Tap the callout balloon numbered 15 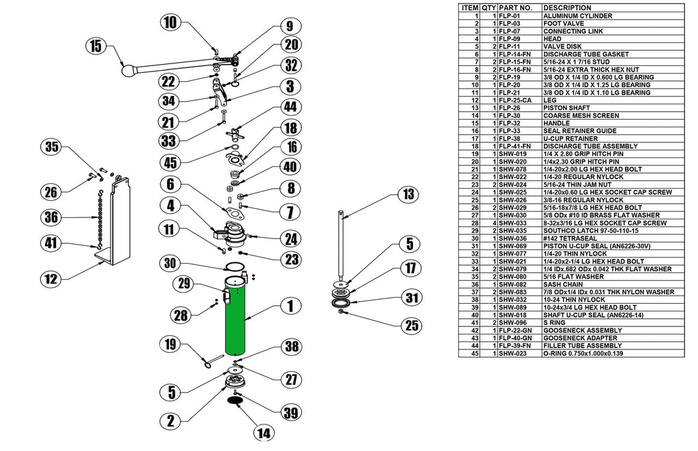tap(96, 46)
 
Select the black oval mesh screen tap(236, 402)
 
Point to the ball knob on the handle tap(128, 69)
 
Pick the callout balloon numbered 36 tap(50, 218)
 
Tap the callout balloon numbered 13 tap(408, 194)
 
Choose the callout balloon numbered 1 tap(290, 307)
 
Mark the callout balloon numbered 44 tap(290, 107)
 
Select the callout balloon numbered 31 tap(410, 297)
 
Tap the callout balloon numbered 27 tap(291, 379)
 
